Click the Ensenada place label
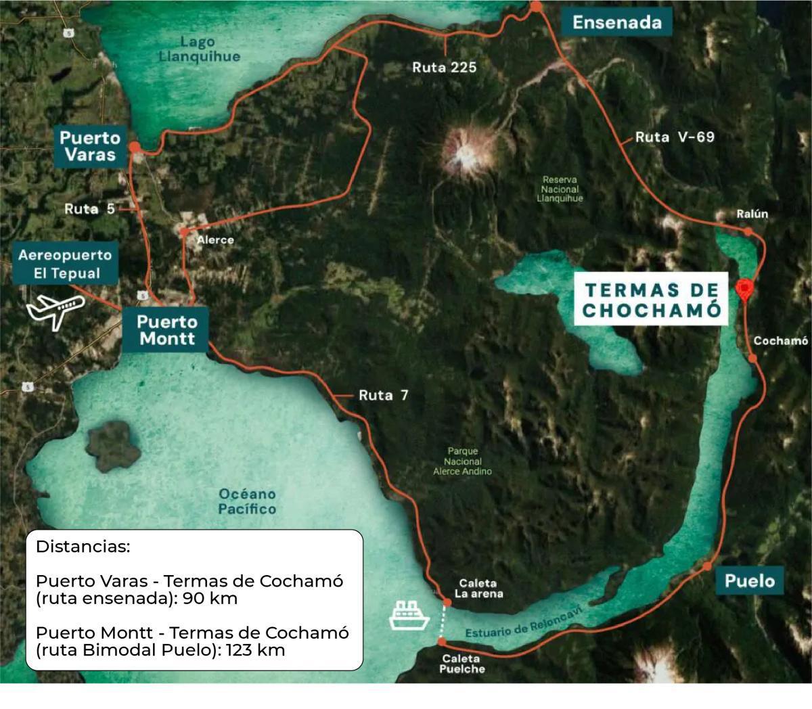(616, 22)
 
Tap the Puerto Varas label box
(90, 147)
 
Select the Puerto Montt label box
(166, 330)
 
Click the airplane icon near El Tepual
(55, 311)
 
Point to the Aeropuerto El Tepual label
(65, 265)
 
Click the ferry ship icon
(409, 614)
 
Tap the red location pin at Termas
(744, 290)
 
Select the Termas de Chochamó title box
(651, 300)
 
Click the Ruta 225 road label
(445, 67)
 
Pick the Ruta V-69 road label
(675, 137)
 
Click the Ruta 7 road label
(383, 395)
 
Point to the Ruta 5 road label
(89, 209)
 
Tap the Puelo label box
(749, 580)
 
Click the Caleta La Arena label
(478, 589)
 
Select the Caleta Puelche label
(462, 664)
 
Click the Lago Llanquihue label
(199, 49)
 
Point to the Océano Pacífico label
(247, 501)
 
